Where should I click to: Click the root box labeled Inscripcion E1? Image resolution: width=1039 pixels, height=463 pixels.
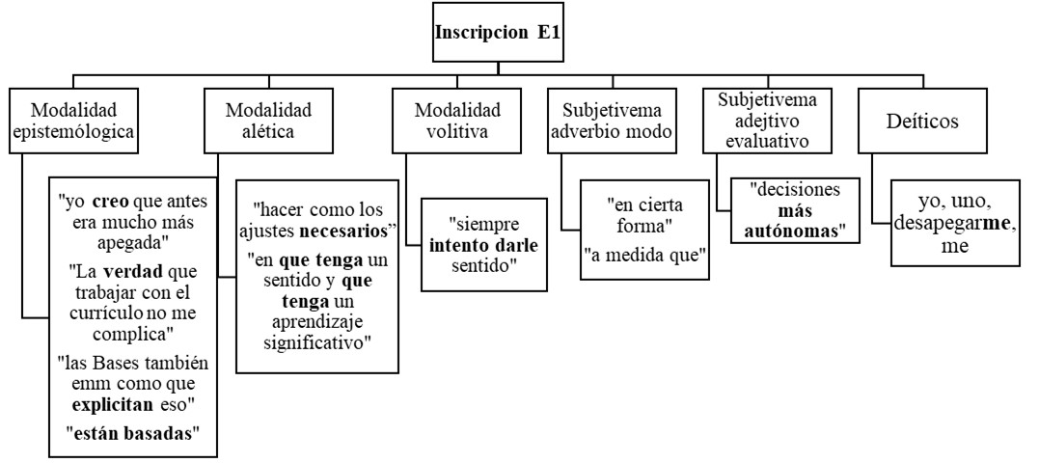[498, 33]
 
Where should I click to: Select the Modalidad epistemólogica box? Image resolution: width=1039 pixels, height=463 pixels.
[73, 121]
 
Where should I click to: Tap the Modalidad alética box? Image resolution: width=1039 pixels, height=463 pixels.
[268, 121]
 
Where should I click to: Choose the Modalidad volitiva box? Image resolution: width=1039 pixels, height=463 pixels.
[457, 121]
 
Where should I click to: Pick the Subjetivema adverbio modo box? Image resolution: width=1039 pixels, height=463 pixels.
[613, 121]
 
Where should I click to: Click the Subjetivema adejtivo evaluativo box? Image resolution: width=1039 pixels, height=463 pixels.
[768, 121]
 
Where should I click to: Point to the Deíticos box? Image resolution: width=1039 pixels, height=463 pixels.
[923, 121]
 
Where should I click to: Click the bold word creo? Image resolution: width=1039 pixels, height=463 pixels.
[108, 202]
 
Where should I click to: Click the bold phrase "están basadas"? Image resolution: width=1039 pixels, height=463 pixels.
[132, 434]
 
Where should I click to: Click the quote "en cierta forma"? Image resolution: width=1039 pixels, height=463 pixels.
[641, 214]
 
